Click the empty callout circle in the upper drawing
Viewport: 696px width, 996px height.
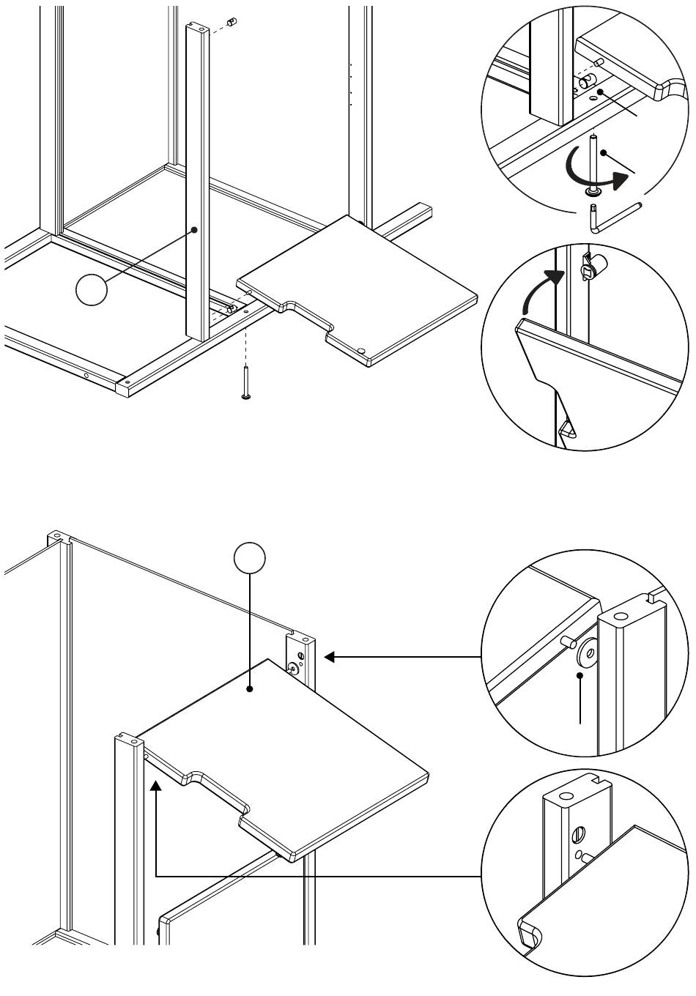pos(92,291)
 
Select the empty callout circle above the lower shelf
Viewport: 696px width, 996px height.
pos(249,558)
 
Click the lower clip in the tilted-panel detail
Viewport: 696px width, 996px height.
pos(567,429)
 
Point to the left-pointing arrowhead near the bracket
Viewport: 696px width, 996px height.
pos(330,657)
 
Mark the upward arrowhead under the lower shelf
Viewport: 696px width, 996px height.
pos(156,787)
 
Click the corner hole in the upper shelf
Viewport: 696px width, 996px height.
pos(363,351)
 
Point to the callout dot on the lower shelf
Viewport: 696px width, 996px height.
pos(250,689)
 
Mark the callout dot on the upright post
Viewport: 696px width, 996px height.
pos(195,229)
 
